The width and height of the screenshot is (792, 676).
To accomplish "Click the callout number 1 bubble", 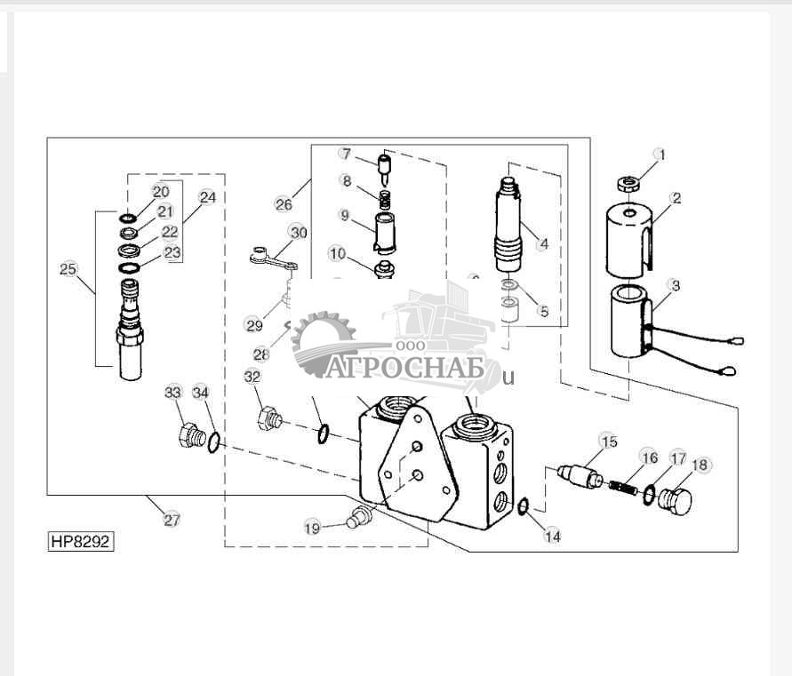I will tap(660, 155).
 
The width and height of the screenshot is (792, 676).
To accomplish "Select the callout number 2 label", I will tap(676, 198).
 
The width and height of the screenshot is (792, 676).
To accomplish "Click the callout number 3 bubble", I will tap(676, 286).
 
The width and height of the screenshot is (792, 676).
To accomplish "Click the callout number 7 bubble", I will tap(346, 154).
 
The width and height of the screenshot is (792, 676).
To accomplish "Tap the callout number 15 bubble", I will tap(608, 441).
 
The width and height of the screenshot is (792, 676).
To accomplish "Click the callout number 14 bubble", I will tap(552, 536).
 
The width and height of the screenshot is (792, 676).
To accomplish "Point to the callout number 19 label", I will tap(312, 528).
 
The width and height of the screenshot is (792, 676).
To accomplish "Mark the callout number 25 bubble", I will tap(68, 269).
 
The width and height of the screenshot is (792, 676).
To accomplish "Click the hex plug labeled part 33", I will tap(189, 436).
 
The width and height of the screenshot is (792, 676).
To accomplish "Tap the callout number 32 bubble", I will tap(254, 376).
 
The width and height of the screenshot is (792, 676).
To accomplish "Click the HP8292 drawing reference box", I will tap(81, 541).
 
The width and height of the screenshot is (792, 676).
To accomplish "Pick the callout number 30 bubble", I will tap(298, 232).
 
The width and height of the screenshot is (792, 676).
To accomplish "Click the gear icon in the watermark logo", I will tap(324, 339).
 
